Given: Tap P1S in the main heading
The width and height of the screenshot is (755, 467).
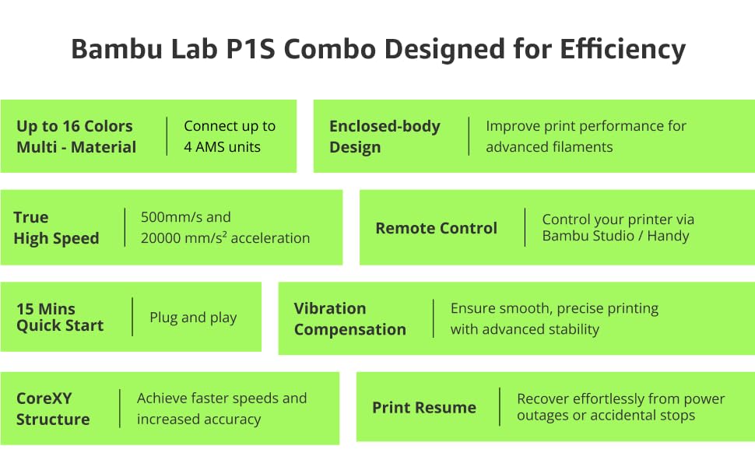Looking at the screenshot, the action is point(251,49).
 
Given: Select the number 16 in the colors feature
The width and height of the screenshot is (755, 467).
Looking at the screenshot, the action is point(71,126).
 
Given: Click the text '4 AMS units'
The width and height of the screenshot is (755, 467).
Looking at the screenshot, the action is point(222,147).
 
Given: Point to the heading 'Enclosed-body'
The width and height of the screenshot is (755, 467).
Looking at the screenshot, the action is point(385,127).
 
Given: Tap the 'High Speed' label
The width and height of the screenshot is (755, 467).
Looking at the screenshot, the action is point(56,238).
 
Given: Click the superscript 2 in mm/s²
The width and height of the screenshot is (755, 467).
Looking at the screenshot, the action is point(224,234).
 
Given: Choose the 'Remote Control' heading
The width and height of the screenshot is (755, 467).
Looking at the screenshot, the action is point(436,228).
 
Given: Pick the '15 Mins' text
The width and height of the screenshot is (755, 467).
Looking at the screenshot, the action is point(46,308).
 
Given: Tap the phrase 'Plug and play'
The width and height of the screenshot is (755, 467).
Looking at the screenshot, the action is point(193,318).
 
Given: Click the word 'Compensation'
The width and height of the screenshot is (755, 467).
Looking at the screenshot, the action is point(350,330).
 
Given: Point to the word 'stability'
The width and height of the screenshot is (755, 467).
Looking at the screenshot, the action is point(575,329).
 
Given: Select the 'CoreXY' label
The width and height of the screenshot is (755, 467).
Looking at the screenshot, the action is point(44,399).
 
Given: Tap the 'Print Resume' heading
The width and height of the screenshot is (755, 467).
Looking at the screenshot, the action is point(424,408).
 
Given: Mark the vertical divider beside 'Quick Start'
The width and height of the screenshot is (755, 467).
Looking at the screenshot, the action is point(132,317).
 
